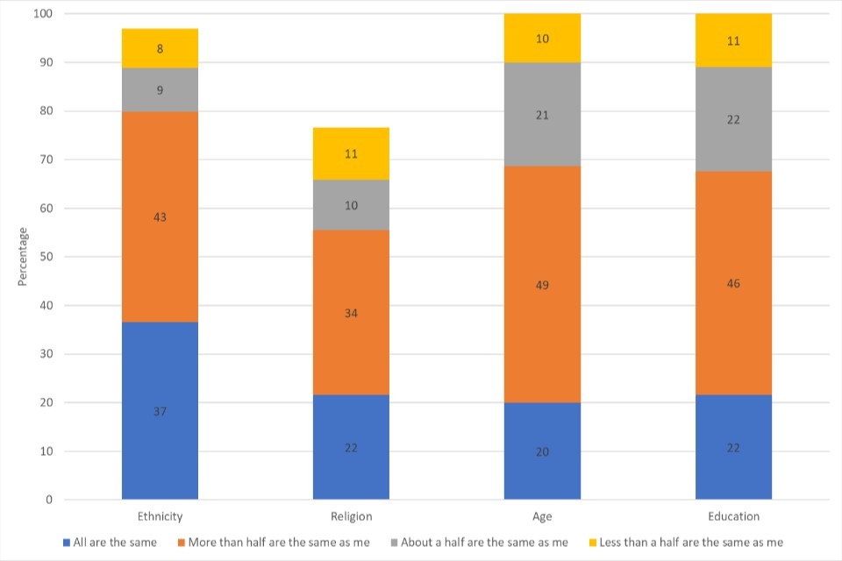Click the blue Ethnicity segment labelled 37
tap(160, 410)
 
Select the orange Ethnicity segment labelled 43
tap(160, 217)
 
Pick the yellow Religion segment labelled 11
tap(351, 153)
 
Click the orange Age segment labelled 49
tap(542, 284)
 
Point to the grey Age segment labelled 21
tap(542, 115)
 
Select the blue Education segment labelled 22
tap(733, 447)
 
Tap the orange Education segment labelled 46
tap(733, 283)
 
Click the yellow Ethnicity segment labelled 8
tap(160, 48)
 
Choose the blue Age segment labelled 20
tap(542, 451)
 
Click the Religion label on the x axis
tap(351, 516)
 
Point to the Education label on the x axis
tap(733, 516)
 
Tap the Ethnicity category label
tap(160, 516)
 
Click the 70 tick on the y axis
tap(44, 160)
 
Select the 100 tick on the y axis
tap(41, 14)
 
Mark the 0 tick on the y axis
tap(49, 500)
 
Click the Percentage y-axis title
tap(23, 256)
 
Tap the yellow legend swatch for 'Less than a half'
tap(592, 543)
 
